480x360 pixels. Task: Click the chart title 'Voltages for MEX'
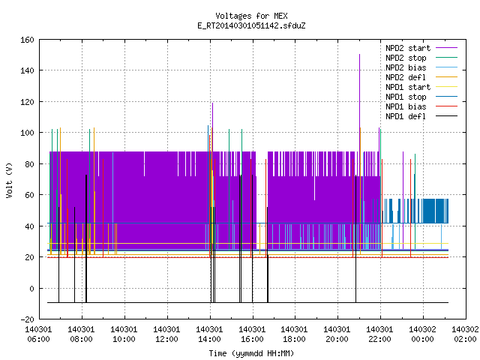click(251, 16)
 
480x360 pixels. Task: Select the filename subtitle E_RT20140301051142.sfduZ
click(251, 25)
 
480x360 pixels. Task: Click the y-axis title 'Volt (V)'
click(9, 180)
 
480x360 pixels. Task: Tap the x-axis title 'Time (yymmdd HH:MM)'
click(251, 353)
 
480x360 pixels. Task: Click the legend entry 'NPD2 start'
click(421, 48)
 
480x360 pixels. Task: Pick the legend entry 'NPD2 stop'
click(421, 58)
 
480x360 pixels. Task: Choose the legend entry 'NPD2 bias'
click(421, 67)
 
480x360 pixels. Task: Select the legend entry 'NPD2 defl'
click(421, 77)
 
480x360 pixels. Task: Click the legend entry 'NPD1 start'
click(421, 87)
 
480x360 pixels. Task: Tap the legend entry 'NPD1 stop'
click(421, 97)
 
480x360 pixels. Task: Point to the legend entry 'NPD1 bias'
click(421, 106)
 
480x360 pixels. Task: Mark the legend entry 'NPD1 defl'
click(421, 117)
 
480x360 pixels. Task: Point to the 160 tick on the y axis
click(27, 40)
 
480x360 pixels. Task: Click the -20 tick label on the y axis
click(27, 319)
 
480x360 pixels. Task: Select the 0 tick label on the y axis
click(31, 289)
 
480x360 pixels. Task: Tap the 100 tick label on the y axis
click(27, 133)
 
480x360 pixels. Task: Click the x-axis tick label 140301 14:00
click(209, 334)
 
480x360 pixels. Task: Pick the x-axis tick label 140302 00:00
click(422, 334)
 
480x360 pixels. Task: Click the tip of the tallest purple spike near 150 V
click(360, 55)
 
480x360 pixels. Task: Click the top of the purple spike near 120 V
click(212, 103)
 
